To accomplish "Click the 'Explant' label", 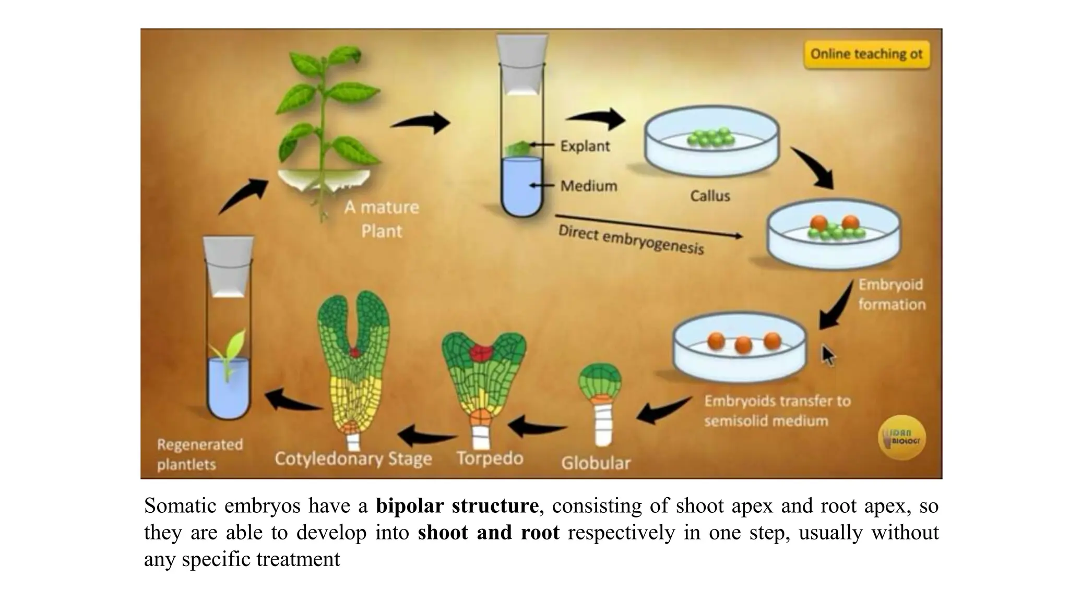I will point(585,146).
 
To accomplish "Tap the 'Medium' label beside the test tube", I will point(588,186).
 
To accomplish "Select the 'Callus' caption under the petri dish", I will point(710,196).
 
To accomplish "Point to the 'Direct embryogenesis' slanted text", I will point(631,240).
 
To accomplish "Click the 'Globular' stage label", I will point(596,463).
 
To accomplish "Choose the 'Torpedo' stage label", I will point(490,459).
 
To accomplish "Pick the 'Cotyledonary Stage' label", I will point(353,459).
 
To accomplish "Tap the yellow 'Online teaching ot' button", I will point(866,54).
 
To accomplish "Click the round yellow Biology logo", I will point(901,437).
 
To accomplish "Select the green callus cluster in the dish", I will point(710,137).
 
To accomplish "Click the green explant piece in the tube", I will point(517,148).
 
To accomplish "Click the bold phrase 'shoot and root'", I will point(488,533).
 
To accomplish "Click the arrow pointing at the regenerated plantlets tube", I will point(293,401).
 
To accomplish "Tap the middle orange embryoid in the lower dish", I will point(743,345).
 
